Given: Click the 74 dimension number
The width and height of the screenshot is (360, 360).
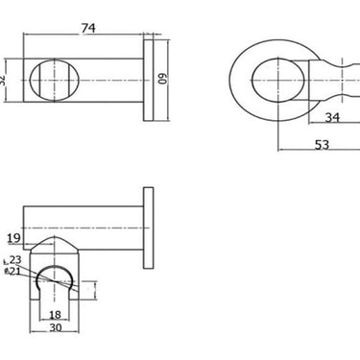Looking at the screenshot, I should tap(89, 29).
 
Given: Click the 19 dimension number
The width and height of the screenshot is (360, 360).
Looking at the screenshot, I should tap(12, 238).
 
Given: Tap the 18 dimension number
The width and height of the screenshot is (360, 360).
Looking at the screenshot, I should tap(55, 314).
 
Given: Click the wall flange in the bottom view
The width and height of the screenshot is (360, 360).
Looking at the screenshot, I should tap(148, 229).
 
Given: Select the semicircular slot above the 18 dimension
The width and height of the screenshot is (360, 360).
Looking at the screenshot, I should tap(56, 282).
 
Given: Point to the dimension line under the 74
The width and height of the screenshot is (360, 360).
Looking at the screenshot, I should tap(86, 37).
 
